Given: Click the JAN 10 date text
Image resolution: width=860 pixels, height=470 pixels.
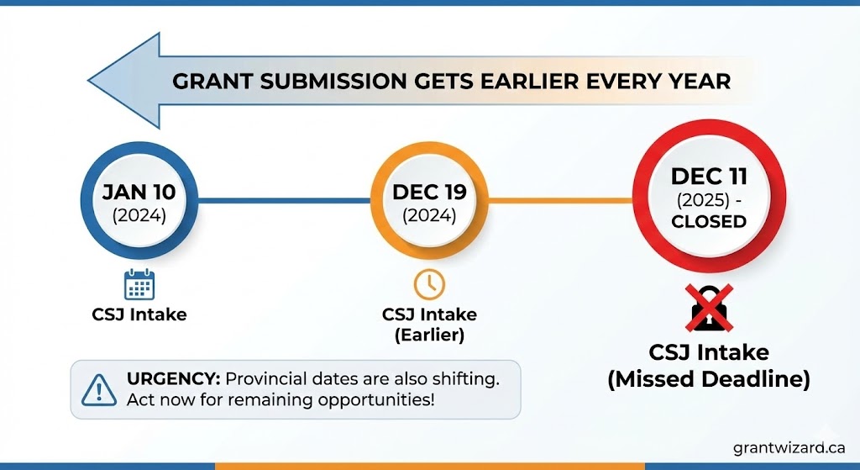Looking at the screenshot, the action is tap(139, 193).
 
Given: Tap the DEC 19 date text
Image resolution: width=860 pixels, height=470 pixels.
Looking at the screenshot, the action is tap(429, 193).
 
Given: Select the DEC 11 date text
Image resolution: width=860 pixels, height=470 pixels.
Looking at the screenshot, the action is tap(709, 177).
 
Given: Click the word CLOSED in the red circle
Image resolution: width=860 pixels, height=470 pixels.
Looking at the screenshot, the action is tap(709, 222).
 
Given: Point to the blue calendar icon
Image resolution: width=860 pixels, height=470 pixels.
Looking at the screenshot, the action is tap(139, 284).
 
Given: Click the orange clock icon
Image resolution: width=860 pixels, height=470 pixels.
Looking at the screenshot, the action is tap(429, 284).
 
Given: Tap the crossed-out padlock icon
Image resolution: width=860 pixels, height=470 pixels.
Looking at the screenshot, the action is tap(709, 308).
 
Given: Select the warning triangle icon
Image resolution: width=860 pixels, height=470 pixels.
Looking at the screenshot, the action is tap(99, 390).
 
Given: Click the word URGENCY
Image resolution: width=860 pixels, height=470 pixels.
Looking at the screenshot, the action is tap(173, 379).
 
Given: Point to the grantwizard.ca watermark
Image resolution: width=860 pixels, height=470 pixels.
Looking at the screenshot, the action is tap(789, 448).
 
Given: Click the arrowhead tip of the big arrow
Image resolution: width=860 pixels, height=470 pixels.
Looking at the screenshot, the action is tap(88, 81).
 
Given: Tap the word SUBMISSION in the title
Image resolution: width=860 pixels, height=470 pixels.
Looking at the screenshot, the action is tap(333, 82).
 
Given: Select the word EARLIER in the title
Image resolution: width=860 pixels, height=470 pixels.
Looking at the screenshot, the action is tap(529, 82).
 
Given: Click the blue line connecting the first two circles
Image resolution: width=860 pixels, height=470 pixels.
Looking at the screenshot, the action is tap(284, 200).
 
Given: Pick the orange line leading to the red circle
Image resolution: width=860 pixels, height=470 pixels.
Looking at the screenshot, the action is tap(560, 200).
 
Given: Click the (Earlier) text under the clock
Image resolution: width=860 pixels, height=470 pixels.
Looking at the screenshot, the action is tap(429, 335).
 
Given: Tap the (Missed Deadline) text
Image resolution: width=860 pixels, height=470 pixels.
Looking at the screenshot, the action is tap(709, 379).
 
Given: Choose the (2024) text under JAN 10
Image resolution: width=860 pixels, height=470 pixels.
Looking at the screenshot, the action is tap(139, 215).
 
